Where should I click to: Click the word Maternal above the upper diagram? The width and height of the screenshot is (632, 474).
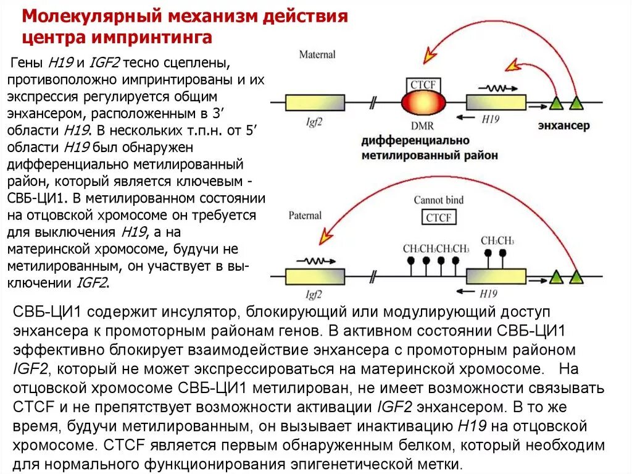[317, 54]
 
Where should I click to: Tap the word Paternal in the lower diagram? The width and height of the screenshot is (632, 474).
[305, 215]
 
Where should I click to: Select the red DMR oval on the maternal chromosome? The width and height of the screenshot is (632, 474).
[423, 103]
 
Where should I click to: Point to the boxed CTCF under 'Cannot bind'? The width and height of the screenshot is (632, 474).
[439, 218]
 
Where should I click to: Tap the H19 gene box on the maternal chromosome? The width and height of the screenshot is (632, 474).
[496, 103]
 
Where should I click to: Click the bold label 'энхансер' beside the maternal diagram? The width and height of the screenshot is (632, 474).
[563, 125]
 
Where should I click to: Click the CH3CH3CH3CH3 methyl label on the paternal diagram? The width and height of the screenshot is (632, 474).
[436, 248]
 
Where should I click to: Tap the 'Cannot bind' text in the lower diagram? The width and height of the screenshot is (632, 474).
[438, 200]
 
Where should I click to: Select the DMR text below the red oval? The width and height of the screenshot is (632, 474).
[422, 125]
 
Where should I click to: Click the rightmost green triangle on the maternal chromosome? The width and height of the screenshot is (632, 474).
[576, 103]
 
